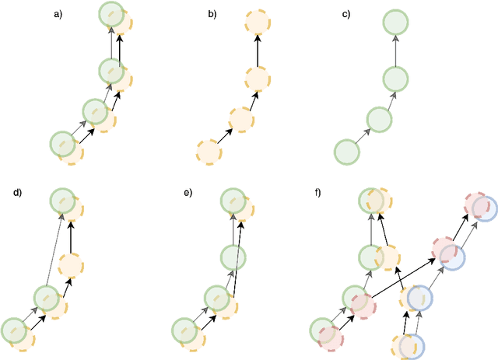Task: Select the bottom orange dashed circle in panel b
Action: (x=208, y=152)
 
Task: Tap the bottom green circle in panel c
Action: (x=347, y=152)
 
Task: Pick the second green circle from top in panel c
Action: (x=396, y=79)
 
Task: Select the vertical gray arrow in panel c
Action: (x=396, y=49)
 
